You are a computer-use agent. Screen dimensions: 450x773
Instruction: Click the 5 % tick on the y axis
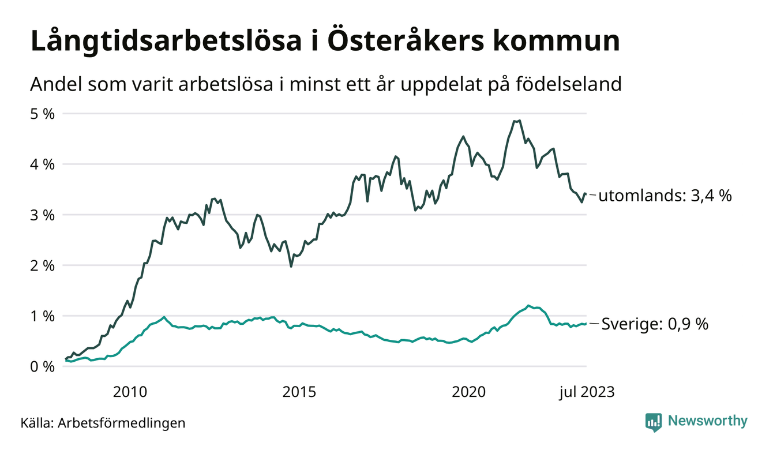click(x=42, y=114)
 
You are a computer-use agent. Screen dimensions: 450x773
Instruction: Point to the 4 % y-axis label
click(x=42, y=164)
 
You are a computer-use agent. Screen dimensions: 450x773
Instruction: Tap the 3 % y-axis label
click(x=42, y=215)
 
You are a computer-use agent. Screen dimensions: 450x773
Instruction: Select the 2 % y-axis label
click(x=42, y=265)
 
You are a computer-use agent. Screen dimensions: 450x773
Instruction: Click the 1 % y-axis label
click(x=42, y=316)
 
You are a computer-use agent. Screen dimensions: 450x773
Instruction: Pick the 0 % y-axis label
click(x=42, y=366)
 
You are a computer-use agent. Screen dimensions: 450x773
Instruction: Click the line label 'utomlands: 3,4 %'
click(x=665, y=196)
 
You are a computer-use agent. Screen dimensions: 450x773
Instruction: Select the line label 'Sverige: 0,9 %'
click(x=655, y=324)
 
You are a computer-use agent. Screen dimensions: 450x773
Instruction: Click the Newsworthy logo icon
click(x=654, y=422)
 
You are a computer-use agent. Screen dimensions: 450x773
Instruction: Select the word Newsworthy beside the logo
click(x=707, y=421)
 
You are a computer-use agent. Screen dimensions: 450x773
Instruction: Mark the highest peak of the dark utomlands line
click(x=520, y=121)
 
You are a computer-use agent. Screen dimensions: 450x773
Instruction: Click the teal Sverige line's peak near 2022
click(x=528, y=305)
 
